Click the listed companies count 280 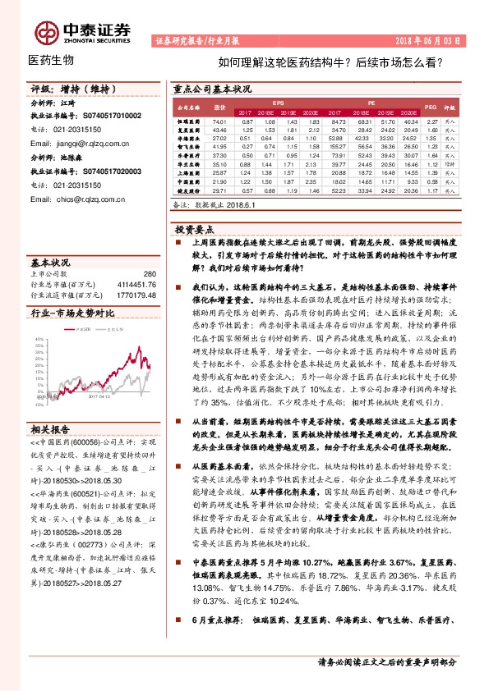point(149,274)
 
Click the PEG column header point(431,108)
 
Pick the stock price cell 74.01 point(219,121)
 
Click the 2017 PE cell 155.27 point(337,145)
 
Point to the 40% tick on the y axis point(39,338)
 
